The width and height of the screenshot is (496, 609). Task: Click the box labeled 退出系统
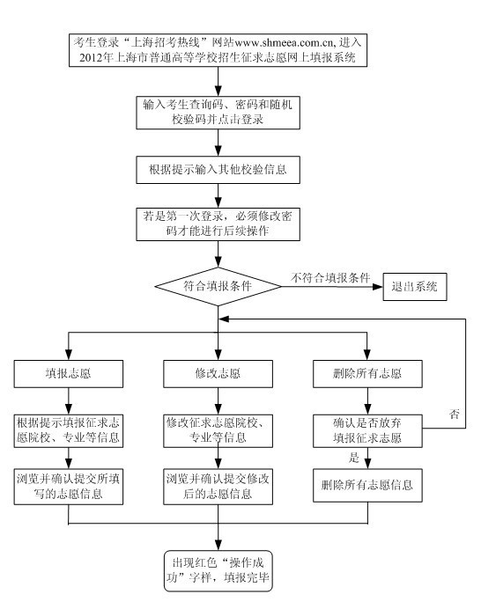[415, 287]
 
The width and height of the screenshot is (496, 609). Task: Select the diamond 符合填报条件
[218, 287]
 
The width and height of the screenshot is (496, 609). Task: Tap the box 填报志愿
[69, 374]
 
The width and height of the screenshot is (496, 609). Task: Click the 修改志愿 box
[218, 374]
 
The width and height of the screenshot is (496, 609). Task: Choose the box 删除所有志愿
[367, 374]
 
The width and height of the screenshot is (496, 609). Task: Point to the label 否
[455, 414]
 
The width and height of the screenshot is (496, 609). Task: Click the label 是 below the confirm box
[354, 457]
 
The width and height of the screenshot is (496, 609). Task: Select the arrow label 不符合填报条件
[330, 278]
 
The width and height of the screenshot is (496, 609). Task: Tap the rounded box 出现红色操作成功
[218, 570]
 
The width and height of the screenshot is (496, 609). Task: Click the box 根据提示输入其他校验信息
[218, 170]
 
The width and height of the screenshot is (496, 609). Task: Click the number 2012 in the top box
[92, 58]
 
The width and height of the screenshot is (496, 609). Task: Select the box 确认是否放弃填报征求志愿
[367, 430]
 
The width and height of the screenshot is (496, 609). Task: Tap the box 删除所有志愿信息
[367, 485]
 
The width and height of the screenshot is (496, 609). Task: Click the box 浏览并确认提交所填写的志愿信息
[69, 487]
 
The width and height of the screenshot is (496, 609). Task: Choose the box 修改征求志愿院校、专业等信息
[218, 430]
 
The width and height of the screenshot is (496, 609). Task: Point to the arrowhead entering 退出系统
[378, 287]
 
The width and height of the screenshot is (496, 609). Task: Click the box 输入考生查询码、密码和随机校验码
[218, 113]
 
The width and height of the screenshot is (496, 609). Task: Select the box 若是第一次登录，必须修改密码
[218, 224]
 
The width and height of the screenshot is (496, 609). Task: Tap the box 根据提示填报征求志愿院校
[69, 430]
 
